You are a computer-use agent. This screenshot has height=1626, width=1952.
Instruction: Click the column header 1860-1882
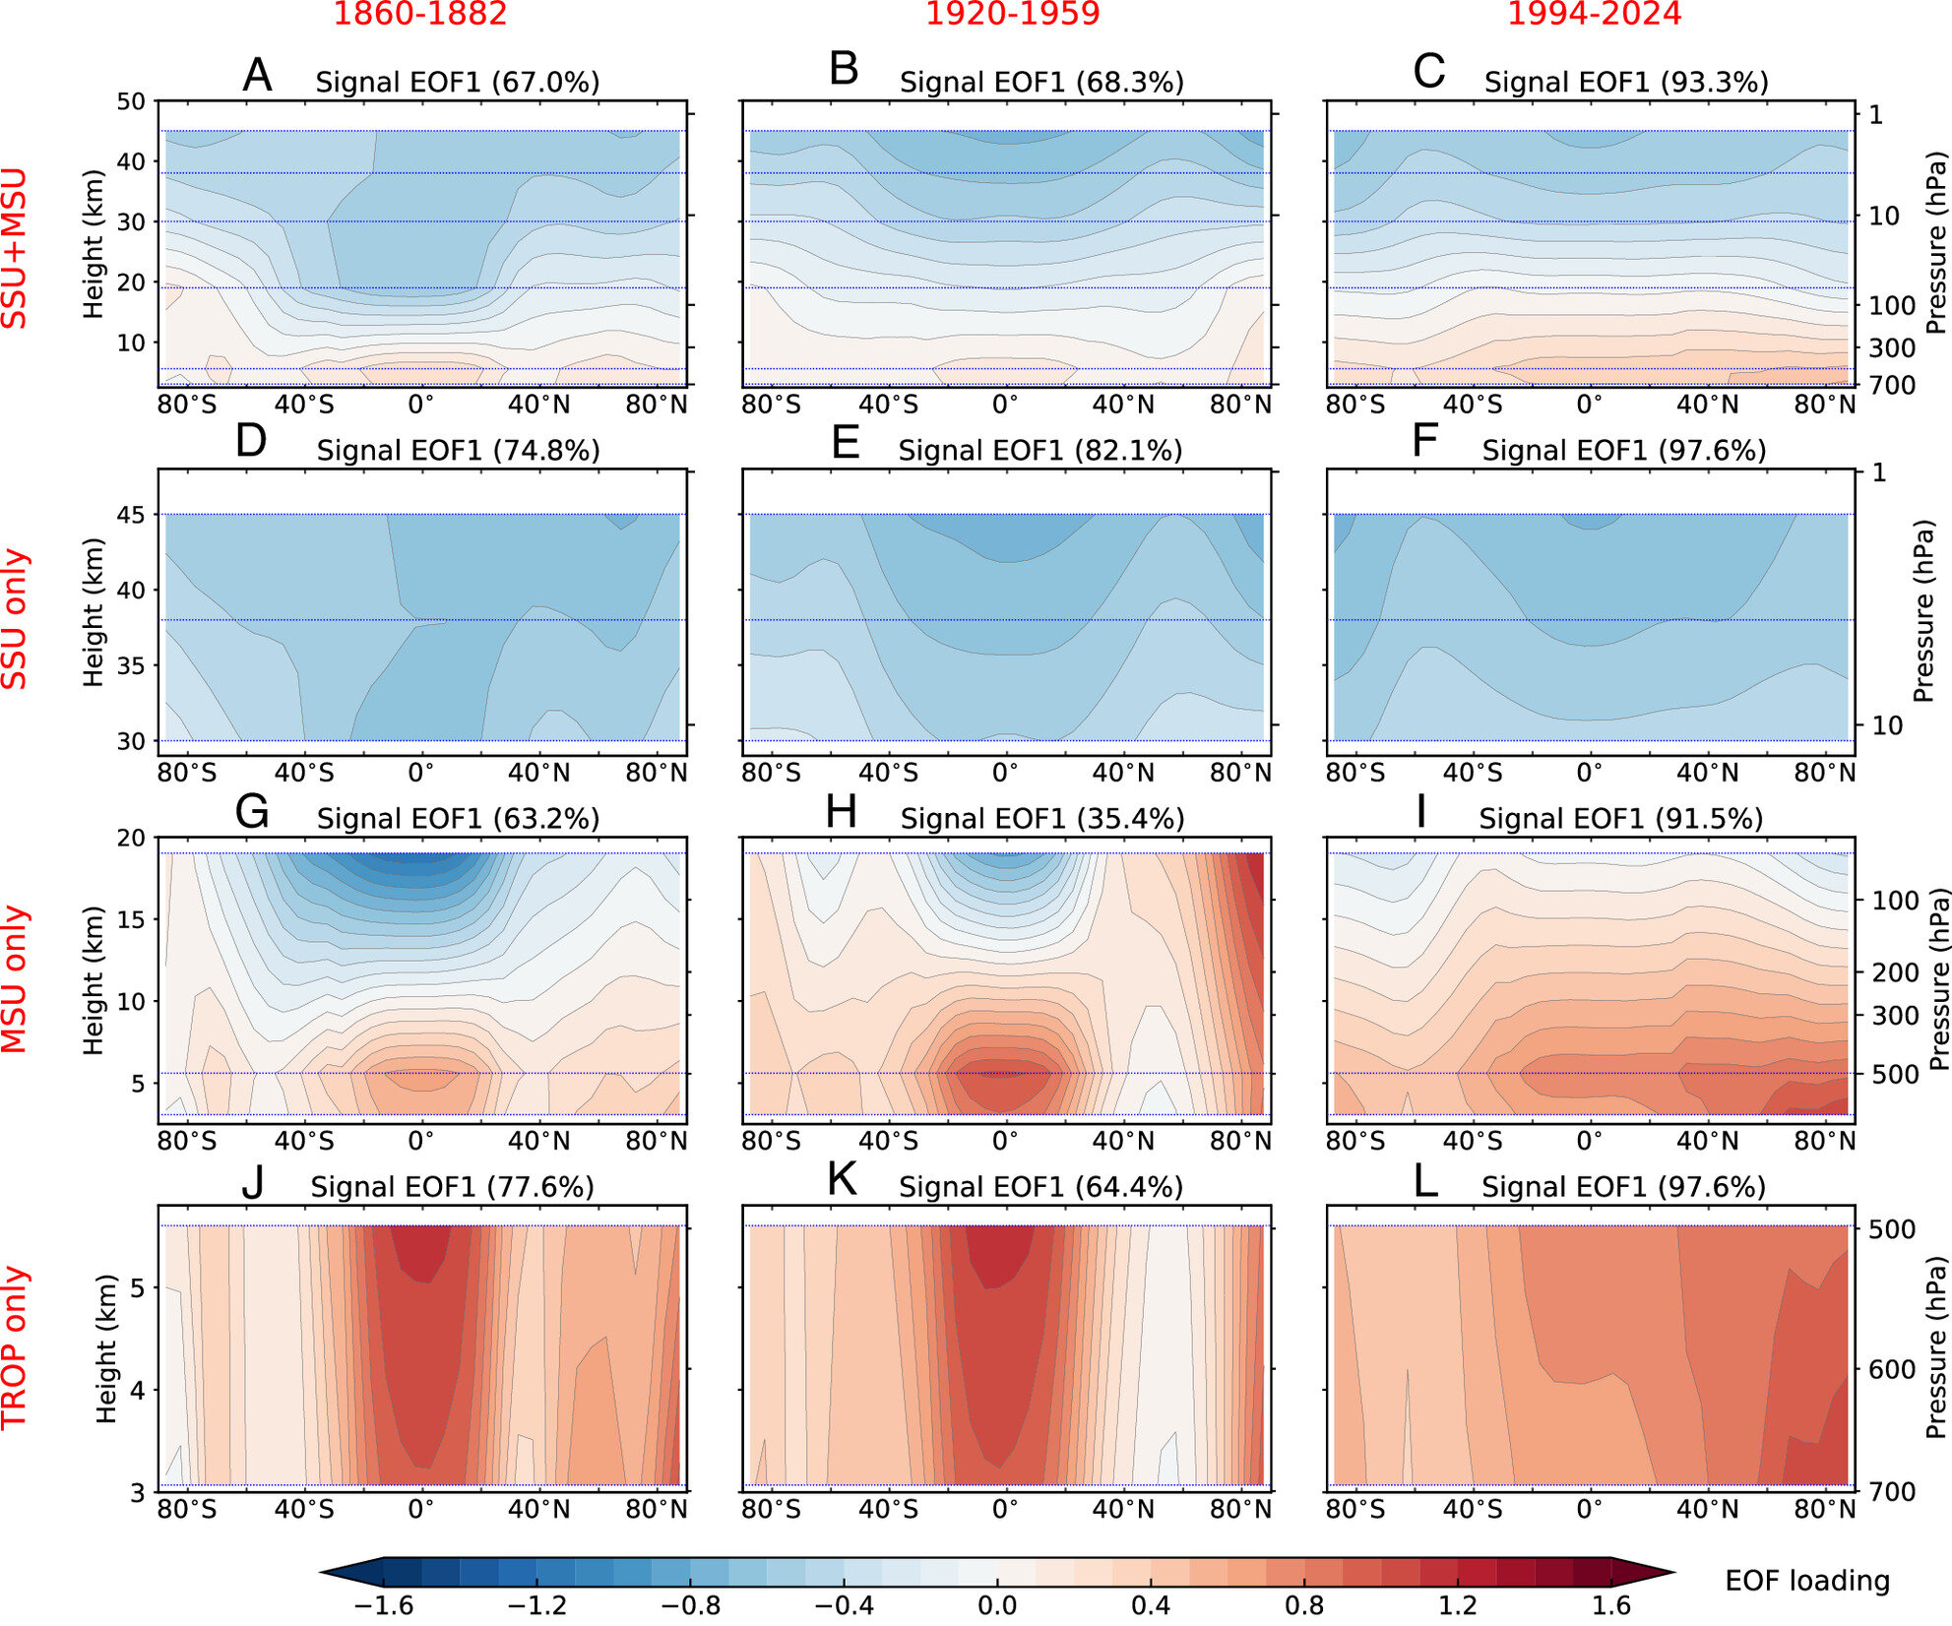(x=420, y=14)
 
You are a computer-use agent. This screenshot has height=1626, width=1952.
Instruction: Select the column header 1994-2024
(x=1595, y=14)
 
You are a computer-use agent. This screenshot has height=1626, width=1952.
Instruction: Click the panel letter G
(x=253, y=813)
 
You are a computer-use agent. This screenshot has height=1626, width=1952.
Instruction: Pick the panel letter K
(x=843, y=1180)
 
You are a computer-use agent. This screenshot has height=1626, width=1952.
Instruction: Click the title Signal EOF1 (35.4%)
(x=1041, y=819)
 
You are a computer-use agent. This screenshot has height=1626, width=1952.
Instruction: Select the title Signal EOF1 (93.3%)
(x=1626, y=83)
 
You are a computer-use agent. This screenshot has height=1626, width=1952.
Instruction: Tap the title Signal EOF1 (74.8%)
(x=458, y=451)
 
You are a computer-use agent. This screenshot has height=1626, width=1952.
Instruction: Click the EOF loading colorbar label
(x=1807, y=1581)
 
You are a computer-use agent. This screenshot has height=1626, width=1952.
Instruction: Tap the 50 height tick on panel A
(x=131, y=101)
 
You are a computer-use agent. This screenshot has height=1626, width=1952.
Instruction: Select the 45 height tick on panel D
(x=131, y=515)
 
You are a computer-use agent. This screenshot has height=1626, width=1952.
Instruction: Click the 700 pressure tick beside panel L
(x=1892, y=1492)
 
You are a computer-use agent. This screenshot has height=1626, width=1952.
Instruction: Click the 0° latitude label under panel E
(x=1005, y=773)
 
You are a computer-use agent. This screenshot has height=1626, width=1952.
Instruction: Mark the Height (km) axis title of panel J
(x=106, y=1348)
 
